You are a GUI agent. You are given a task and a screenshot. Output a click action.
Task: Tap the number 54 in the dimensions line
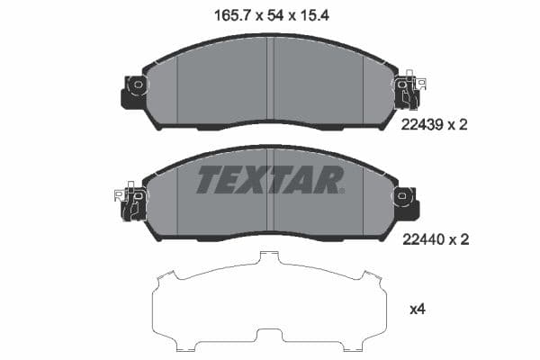pyautogui.click(x=269, y=15)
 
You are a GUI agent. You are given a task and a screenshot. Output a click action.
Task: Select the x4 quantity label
pyautogui.click(x=417, y=310)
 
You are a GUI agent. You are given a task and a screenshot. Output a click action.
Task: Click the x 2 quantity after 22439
pyautogui.click(x=460, y=125)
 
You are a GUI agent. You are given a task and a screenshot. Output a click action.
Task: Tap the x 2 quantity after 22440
pyautogui.click(x=460, y=239)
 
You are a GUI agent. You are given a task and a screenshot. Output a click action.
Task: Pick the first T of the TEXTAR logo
pyautogui.click(x=209, y=181)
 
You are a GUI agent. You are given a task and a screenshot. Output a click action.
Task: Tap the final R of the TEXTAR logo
pyautogui.click(x=329, y=181)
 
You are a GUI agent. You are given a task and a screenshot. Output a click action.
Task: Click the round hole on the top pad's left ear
pyautogui.click(x=138, y=87)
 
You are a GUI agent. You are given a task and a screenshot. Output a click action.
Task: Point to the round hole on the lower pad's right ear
pyautogui.click(x=401, y=195)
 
